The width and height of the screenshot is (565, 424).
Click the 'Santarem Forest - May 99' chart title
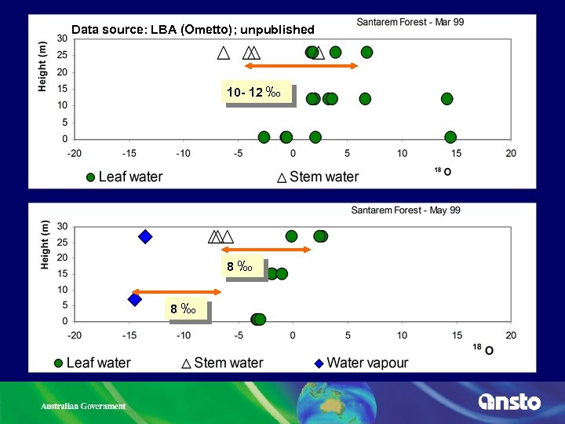406,210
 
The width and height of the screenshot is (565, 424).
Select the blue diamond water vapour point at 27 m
145,236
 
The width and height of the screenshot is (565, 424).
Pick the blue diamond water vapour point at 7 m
135,299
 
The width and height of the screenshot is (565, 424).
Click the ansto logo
509,401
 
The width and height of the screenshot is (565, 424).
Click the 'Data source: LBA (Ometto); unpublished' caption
192,30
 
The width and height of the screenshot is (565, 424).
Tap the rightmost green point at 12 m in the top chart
447,98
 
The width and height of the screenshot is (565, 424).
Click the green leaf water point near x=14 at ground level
450,137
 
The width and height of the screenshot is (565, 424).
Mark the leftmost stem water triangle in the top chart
224,53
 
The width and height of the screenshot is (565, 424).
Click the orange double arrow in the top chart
301,66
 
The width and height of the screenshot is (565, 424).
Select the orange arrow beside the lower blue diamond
177,291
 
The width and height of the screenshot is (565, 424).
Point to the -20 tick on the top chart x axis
74,153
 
